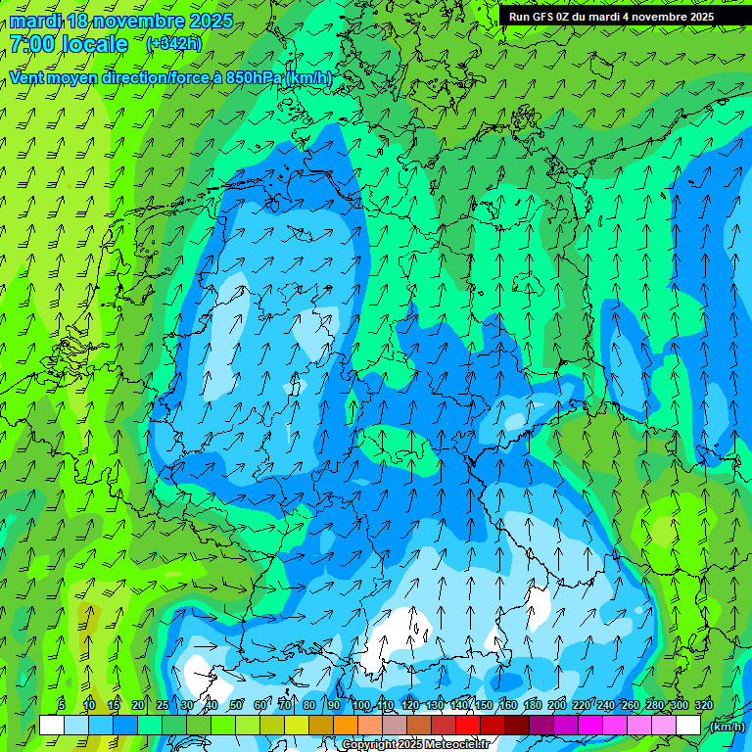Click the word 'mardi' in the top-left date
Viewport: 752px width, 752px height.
35,21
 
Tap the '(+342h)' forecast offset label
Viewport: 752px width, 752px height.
173,43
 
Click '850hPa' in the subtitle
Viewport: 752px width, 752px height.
251,77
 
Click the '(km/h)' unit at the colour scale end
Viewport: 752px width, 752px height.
727,726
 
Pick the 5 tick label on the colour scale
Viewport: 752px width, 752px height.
62,705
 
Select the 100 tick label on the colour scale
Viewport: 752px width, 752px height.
361,705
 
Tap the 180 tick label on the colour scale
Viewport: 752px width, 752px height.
533,705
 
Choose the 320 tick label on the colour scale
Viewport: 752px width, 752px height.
704,705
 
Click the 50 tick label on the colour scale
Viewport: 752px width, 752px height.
236,705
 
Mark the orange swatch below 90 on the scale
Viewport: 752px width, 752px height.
346,726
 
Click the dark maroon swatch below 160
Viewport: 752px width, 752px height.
517,726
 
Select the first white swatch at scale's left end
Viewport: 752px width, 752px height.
52,726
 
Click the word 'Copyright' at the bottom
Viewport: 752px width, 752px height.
370,745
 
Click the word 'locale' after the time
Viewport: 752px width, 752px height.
94,44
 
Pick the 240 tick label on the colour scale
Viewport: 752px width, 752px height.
606,705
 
